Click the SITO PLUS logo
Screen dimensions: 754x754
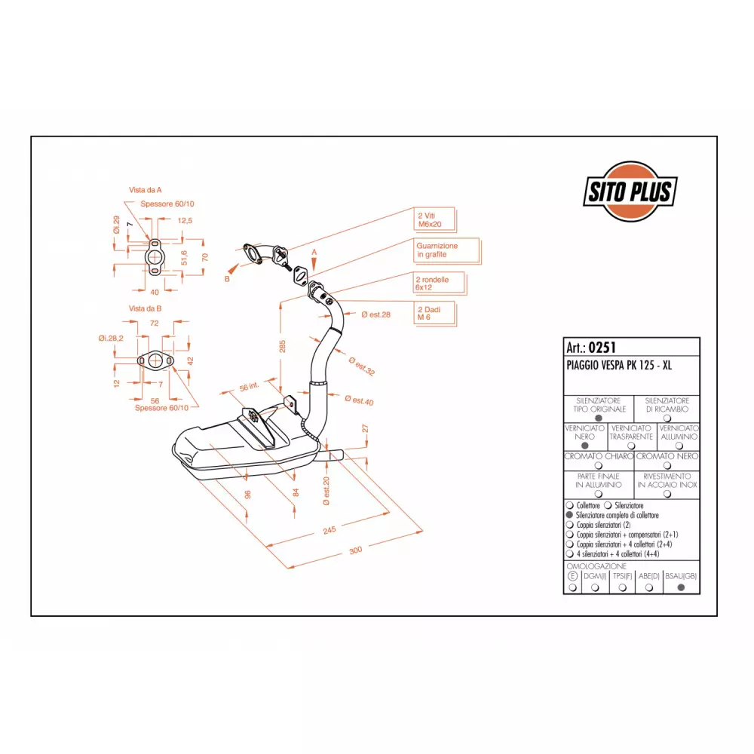[630, 192]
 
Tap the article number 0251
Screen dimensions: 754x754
[602, 347]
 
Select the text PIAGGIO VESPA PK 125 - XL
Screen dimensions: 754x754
[619, 366]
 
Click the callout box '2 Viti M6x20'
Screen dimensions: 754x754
[435, 219]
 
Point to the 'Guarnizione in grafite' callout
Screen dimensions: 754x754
[446, 250]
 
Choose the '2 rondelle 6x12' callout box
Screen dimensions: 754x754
[440, 284]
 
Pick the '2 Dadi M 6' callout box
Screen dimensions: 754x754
[435, 314]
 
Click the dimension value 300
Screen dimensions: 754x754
[355, 550]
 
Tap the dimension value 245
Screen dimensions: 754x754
[329, 530]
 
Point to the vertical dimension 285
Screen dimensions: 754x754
[282, 346]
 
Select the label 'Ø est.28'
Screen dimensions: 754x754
[375, 314]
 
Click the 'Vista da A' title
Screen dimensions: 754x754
[146, 190]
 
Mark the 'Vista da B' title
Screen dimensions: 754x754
[145, 308]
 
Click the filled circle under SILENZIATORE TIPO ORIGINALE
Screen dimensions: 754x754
[598, 418]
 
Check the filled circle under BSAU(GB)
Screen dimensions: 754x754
[681, 587]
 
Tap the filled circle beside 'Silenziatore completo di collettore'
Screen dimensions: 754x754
[570, 515]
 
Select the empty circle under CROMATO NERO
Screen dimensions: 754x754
[667, 465]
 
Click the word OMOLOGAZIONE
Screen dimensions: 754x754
[596, 566]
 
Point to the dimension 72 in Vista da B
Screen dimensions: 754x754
[154, 323]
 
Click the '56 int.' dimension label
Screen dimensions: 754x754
[249, 387]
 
